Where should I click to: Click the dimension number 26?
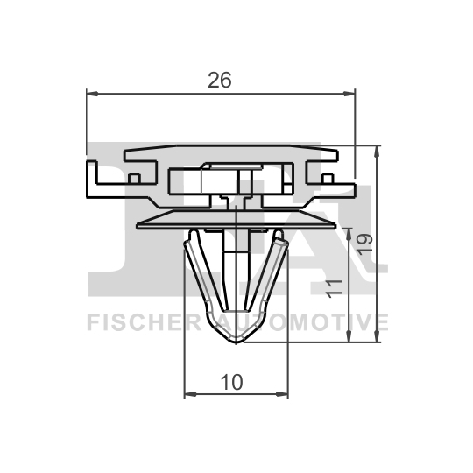(220, 80)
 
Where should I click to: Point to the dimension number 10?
(232, 382)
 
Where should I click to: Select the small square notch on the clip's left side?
(135, 177)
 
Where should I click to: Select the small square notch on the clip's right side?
(327, 177)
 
